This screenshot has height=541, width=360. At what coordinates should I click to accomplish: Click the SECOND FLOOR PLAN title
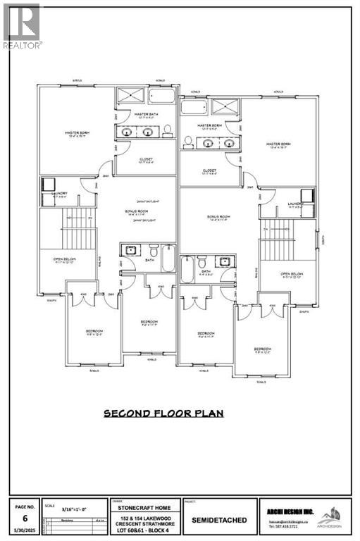click(163, 413)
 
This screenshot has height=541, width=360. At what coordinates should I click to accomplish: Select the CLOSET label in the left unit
click(146, 159)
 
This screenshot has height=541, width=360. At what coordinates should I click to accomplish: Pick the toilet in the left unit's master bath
click(169, 131)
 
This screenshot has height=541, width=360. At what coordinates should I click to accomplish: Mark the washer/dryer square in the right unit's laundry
click(308, 195)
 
